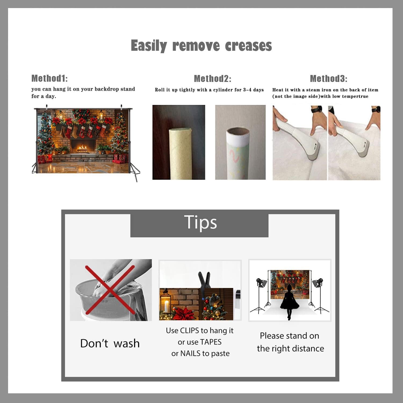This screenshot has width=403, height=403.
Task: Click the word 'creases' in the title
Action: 249,46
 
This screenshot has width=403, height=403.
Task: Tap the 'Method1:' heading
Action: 49,78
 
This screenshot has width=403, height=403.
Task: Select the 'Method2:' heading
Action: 213,78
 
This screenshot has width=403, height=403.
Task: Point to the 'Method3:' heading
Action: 329,78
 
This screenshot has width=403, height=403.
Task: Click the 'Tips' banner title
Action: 200,223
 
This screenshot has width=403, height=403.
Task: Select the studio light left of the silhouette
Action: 260,296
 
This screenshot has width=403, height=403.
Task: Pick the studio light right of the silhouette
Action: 319,296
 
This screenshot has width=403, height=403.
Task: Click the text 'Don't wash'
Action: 110,343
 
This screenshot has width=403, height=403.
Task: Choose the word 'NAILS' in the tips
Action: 190,354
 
